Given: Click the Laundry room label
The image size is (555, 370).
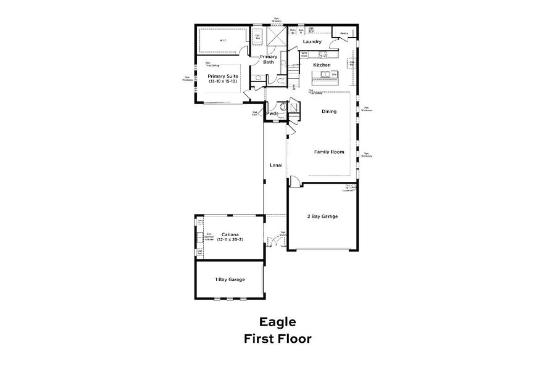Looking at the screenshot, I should tap(312, 41).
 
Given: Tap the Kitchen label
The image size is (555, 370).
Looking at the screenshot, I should tap(322, 65).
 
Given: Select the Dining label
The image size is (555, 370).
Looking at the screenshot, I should tap(328, 112).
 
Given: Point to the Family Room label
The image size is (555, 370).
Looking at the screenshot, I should tap(328, 152).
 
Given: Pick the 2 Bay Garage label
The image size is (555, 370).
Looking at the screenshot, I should tap(322, 216).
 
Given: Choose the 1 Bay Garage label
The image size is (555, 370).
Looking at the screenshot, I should tap(230, 279).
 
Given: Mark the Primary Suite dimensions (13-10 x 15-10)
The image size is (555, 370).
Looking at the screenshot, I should tap(220, 81).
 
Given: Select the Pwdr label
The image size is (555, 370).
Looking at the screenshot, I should tap(272, 114).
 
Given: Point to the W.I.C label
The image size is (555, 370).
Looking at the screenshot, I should tap(223, 41).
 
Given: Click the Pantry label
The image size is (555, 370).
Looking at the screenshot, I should tap(344, 33).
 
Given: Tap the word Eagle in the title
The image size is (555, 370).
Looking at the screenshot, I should tap(277, 322).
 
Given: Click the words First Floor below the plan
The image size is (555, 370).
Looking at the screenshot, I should tap(277, 338).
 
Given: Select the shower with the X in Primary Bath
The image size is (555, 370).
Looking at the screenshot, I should tap(277, 36).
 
